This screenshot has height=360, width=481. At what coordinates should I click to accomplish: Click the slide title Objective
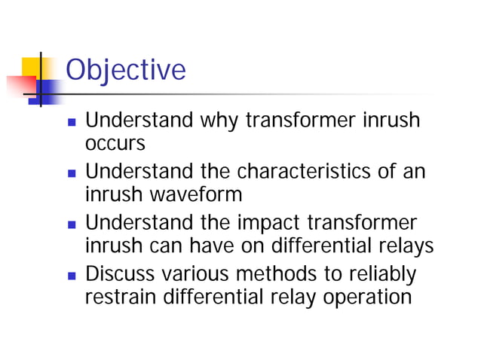tap(125, 70)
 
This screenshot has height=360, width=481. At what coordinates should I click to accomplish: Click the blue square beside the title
tap(49, 90)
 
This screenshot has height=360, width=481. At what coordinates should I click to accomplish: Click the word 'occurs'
tap(113, 143)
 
